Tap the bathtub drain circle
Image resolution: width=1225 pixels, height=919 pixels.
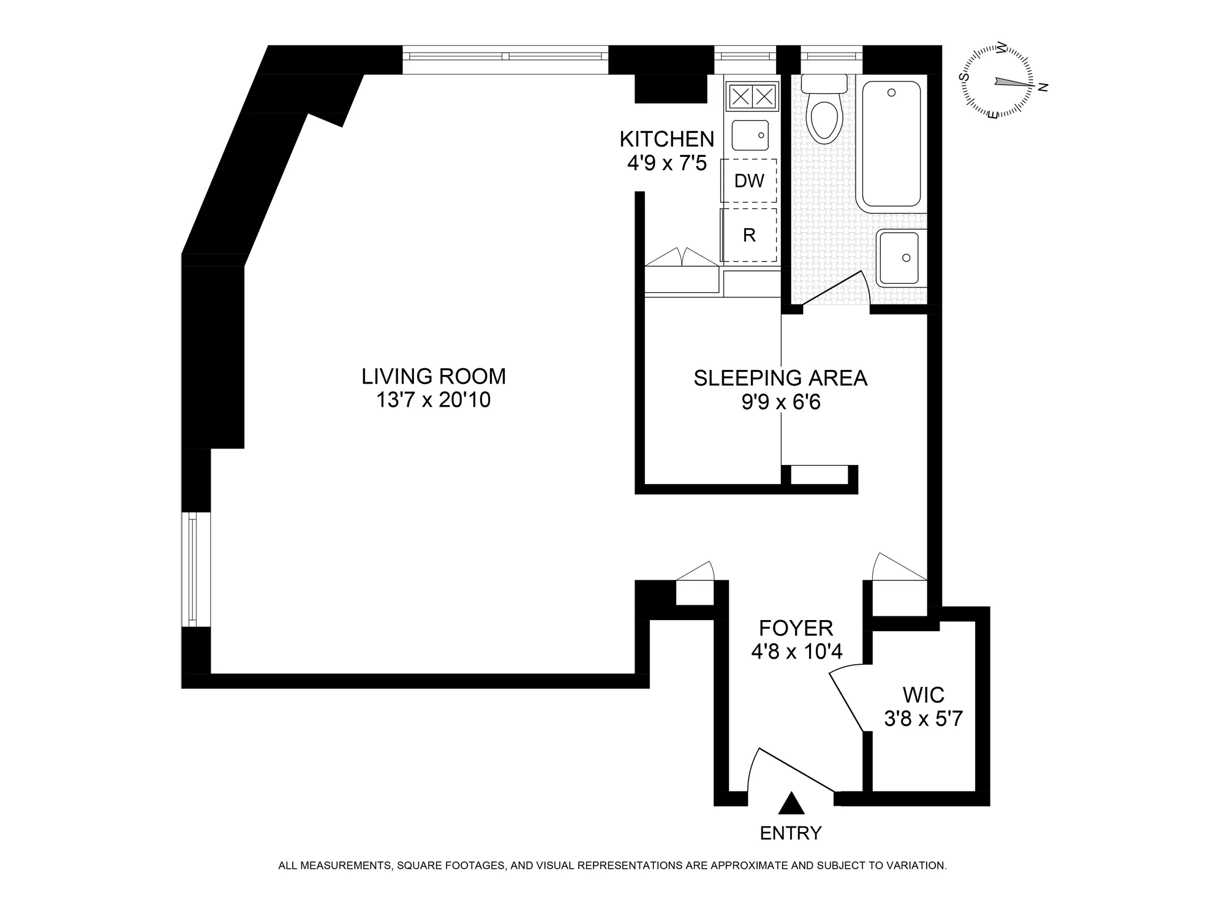(891, 93)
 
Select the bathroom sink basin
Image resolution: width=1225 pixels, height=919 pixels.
(898, 258)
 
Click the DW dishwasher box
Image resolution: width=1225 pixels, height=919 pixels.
(749, 181)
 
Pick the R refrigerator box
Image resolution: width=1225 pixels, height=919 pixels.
(749, 235)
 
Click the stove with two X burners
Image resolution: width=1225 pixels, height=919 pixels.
(753, 96)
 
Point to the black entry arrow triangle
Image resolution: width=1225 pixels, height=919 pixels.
(791, 803)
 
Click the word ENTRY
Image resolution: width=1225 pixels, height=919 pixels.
(791, 833)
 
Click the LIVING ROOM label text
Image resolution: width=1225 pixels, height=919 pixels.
(434, 376)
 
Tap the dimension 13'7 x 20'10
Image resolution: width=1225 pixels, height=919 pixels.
(434, 400)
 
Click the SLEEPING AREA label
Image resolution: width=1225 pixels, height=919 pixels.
(780, 378)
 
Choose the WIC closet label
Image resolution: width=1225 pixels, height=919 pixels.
(924, 695)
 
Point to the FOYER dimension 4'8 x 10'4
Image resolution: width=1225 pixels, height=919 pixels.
(797, 652)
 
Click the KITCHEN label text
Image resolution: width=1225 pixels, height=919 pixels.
(667, 139)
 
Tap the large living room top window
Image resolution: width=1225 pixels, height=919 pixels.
(505, 56)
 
